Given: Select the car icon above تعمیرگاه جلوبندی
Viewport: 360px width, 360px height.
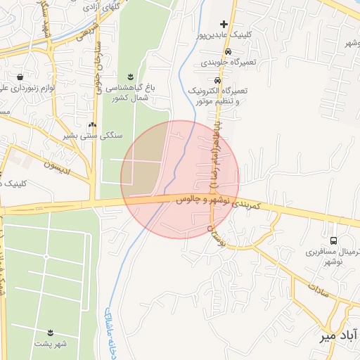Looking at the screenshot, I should tap(227, 52).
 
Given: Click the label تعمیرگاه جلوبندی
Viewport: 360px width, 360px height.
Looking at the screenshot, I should tap(230, 63).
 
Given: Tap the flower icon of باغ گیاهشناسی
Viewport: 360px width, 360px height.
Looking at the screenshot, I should tap(130, 77).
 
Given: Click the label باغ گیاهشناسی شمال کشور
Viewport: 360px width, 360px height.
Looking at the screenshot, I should tap(131, 92).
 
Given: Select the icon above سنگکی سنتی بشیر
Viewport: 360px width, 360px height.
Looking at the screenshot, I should tap(91, 124).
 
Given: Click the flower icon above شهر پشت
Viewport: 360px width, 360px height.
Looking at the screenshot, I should tap(51, 332).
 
